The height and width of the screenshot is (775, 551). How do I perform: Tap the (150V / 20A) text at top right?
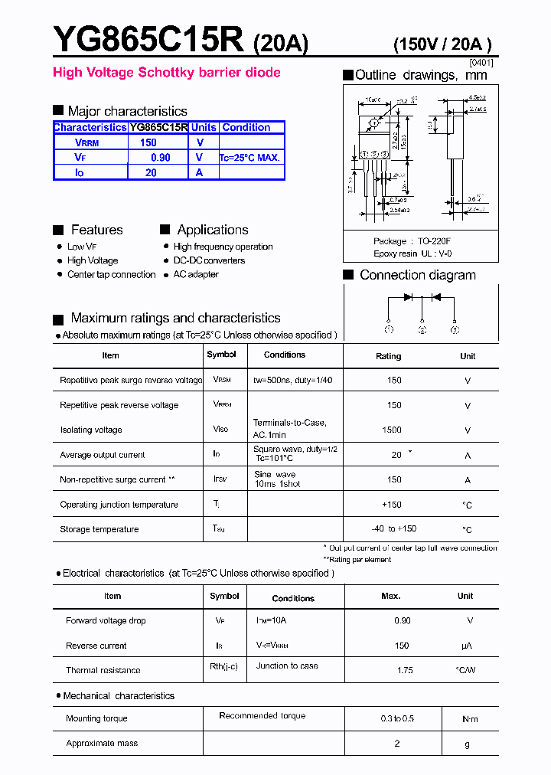[442, 44]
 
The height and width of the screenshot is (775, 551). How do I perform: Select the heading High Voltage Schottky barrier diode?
[166, 73]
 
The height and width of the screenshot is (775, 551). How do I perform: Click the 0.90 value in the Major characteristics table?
[160, 157]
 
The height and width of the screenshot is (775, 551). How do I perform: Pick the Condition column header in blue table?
[246, 127]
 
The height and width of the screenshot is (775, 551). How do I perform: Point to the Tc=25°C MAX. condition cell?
[249, 158]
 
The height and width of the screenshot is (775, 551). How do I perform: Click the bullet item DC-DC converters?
[208, 260]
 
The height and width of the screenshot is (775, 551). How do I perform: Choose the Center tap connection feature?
[111, 274]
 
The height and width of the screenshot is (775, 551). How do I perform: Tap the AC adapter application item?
[195, 274]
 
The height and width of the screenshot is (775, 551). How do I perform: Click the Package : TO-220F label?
[412, 240]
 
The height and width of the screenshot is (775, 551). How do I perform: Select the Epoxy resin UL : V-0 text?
[412, 253]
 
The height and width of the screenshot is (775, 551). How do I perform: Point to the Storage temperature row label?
[99, 529]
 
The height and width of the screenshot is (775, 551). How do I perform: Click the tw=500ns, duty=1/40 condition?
[292, 380]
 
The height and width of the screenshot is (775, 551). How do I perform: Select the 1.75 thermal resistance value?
[405, 670]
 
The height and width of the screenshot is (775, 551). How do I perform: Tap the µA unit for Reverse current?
[465, 646]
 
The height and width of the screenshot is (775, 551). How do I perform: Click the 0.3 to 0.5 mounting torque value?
[398, 718]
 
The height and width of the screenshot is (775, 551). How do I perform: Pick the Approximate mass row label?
[102, 743]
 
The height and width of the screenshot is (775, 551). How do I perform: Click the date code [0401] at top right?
[481, 62]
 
